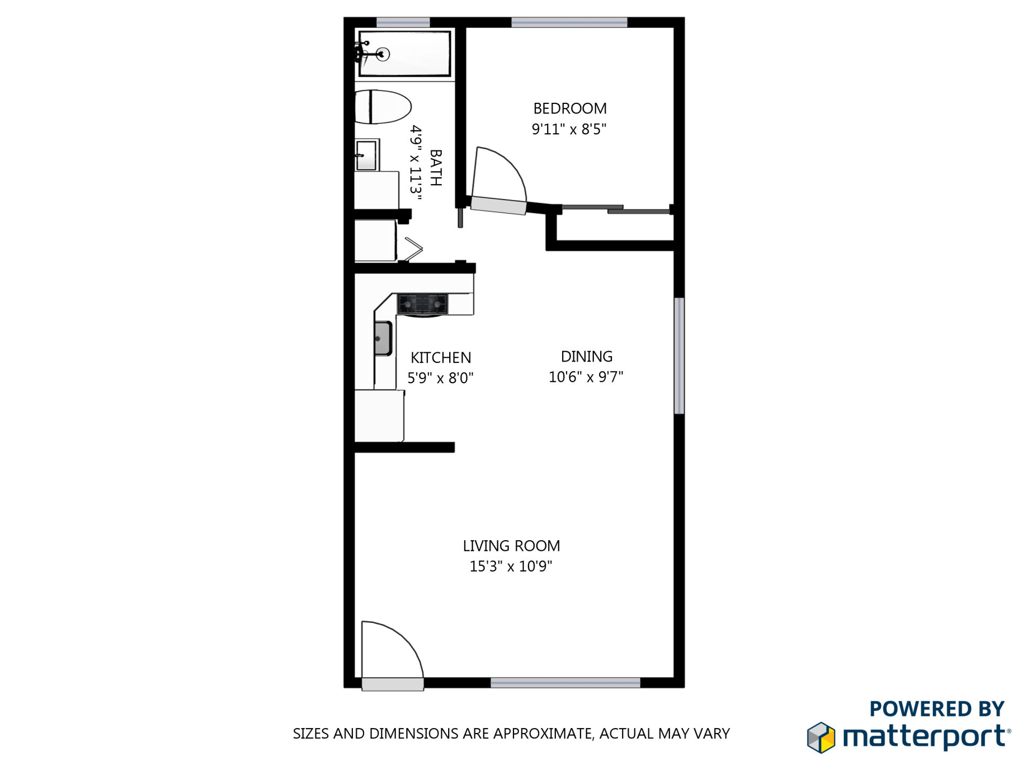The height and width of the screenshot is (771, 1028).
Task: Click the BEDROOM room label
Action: [x=570, y=109]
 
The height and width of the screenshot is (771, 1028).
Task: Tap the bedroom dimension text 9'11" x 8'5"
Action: [x=569, y=129]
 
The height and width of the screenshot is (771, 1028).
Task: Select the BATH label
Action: [x=436, y=168]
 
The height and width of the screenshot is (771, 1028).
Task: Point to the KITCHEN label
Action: [x=441, y=358]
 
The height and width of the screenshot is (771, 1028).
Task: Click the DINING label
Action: [x=586, y=357]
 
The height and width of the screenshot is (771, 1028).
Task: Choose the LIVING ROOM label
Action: [x=511, y=546]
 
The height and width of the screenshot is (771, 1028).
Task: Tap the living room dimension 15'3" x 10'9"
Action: [x=511, y=566]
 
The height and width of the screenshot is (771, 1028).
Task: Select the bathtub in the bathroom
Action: [x=404, y=54]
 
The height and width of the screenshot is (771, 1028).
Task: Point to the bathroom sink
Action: [x=367, y=155]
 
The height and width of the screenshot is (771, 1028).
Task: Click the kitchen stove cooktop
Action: [x=422, y=305]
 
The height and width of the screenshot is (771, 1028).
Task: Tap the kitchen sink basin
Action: [x=383, y=338]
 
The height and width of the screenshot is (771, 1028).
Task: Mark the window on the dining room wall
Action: [x=679, y=356]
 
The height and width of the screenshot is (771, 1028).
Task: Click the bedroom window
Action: [x=569, y=22]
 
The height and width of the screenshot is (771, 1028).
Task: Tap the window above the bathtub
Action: [x=403, y=22]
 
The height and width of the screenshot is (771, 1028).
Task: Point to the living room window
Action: [x=565, y=683]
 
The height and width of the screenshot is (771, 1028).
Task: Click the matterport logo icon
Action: [x=821, y=737]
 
